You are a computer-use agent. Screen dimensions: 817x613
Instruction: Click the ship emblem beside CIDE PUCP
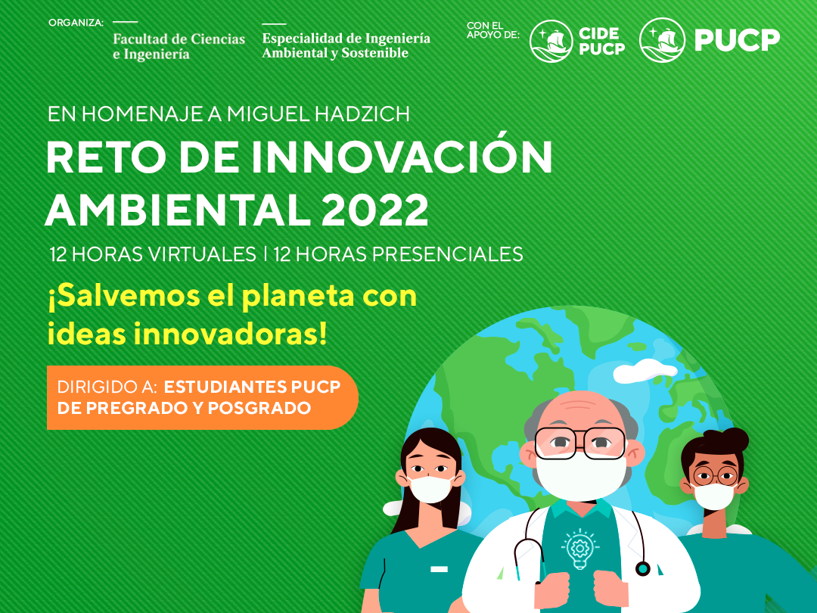click(551, 41)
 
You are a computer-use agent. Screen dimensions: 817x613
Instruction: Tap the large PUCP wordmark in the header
click(737, 40)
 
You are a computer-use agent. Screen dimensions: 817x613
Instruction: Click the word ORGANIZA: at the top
click(76, 23)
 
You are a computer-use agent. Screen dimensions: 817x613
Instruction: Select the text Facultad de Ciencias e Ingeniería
click(179, 46)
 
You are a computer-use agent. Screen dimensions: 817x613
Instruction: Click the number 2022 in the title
click(374, 210)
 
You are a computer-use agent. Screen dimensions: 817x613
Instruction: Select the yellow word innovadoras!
click(230, 335)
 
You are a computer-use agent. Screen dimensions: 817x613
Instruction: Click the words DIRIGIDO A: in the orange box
click(107, 387)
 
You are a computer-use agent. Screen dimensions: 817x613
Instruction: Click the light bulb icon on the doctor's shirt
click(579, 549)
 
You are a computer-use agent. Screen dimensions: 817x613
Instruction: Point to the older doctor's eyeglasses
click(580, 443)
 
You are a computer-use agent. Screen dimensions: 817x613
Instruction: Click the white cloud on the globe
click(645, 371)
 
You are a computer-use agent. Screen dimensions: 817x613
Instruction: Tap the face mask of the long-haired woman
click(430, 489)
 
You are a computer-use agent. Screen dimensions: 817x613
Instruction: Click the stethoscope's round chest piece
click(642, 568)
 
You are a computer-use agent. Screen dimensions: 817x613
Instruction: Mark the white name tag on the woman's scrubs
click(440, 569)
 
